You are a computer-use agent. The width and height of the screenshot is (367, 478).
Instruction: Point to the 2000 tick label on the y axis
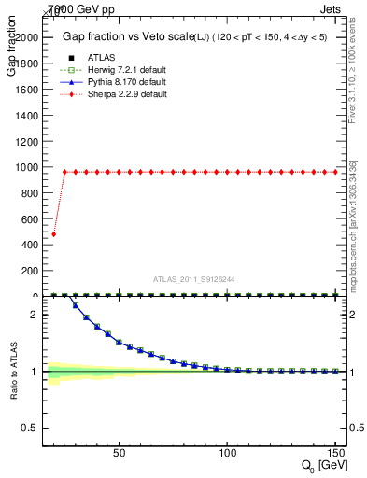coord(25,37)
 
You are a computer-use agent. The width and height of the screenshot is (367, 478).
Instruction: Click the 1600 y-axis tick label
coord(25,89)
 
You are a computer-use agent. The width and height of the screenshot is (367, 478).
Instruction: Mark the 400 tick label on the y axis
coord(28,245)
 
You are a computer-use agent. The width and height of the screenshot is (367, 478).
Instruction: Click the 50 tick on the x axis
coord(119,452)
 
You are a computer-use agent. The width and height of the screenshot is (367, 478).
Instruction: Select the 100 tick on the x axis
coord(226,452)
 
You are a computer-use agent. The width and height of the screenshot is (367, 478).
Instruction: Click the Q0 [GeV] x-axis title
coord(322,465)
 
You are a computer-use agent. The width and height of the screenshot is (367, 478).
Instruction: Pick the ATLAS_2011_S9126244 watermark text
coord(194,279)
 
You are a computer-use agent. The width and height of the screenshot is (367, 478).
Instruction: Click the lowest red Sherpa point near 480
coord(53,234)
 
